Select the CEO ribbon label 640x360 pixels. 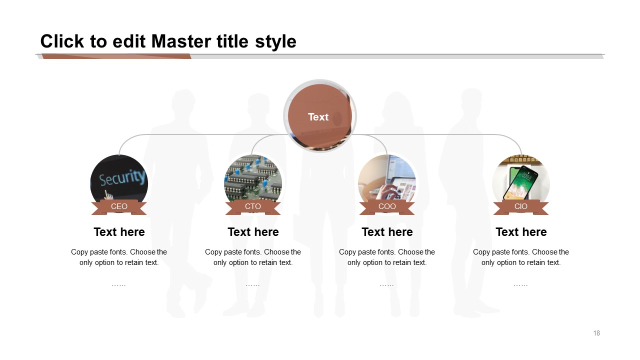click(x=119, y=207)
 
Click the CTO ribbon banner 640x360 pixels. click(x=253, y=207)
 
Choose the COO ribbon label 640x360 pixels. click(x=387, y=207)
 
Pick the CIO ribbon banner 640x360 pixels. click(x=521, y=207)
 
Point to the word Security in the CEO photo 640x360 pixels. click(x=122, y=177)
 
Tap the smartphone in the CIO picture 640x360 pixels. click(x=520, y=182)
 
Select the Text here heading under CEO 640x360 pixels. click(x=119, y=232)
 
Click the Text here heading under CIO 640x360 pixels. click(x=521, y=232)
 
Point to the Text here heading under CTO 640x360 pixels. click(x=253, y=232)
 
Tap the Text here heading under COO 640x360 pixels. click(x=387, y=232)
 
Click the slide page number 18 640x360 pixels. click(x=596, y=333)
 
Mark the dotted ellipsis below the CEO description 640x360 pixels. click(x=119, y=285)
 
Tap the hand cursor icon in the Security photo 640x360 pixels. click(x=108, y=195)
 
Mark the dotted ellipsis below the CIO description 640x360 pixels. click(x=521, y=285)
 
